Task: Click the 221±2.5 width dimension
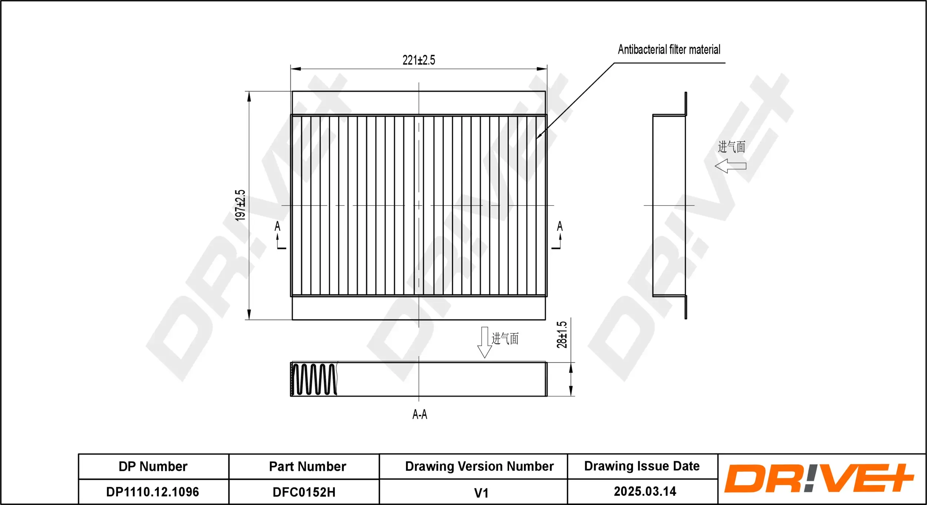coord(419,60)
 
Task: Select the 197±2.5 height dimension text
coord(240,205)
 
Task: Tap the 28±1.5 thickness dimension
coord(562,334)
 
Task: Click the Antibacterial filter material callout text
coord(669,50)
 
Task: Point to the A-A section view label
coord(419,414)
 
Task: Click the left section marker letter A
coord(277,226)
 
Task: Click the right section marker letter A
coord(560,226)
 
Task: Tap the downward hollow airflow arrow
coord(484,342)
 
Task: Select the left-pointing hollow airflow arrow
coord(730,166)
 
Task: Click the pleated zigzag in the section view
coord(314,379)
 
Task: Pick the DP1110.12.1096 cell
coord(152,492)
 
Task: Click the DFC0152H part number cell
coord(304,492)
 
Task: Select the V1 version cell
coord(481,493)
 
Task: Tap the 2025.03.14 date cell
coord(645,492)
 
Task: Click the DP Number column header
coord(153,466)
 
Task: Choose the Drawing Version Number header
coord(479,466)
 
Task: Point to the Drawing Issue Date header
coord(641,466)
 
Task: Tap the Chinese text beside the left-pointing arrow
coord(731,147)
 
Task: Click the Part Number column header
coord(307,466)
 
